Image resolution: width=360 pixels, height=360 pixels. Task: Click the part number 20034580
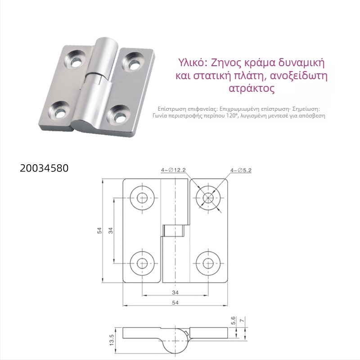(x=44, y=168)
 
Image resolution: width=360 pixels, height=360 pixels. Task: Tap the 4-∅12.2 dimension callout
(x=173, y=170)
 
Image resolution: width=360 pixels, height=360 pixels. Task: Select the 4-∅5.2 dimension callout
(x=241, y=171)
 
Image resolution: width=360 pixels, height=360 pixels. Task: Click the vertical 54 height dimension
(x=99, y=230)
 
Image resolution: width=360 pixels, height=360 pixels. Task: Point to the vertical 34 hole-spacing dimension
(x=111, y=230)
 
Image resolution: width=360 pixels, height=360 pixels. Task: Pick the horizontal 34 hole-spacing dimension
(x=175, y=292)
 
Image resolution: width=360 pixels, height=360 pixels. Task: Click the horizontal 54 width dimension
(x=175, y=302)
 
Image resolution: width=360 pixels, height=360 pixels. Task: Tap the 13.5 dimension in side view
(x=112, y=340)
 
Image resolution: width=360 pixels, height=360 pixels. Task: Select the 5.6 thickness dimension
(x=233, y=320)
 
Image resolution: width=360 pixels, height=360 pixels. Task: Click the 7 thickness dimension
(x=242, y=319)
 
